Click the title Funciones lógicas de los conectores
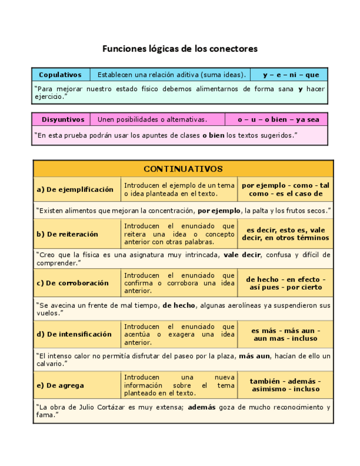pos(180,49)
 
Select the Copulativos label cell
pos(60,75)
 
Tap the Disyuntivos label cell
pos(63,119)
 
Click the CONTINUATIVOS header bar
pos(183,169)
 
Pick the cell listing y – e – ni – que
pos(291,75)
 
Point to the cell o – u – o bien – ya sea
pos(278,119)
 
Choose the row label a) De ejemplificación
pos(75,190)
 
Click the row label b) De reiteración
pos(68,234)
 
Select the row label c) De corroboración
pos(73,283)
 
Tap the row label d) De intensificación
pos(74,334)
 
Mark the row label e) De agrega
pos(60,385)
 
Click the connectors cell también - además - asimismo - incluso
pos(285,385)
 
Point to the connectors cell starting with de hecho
pos(285,283)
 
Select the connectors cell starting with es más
pos(285,334)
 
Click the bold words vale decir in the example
pos(242,255)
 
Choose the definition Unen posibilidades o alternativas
pos(152,119)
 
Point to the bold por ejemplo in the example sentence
pos(219,210)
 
